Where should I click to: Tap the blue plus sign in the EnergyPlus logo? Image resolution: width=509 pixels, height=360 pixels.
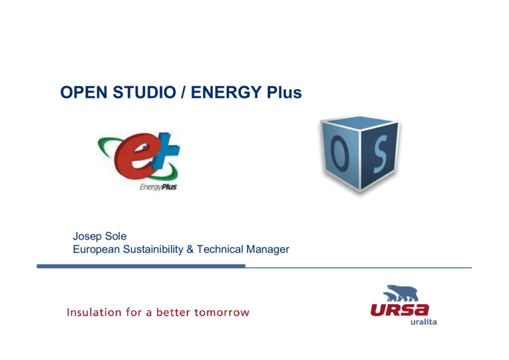(170, 156)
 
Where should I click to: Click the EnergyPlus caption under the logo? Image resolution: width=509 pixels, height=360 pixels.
(158, 187)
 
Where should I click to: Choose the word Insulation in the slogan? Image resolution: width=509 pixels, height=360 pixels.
(91, 312)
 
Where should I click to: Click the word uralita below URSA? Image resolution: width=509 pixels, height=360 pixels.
(422, 323)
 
